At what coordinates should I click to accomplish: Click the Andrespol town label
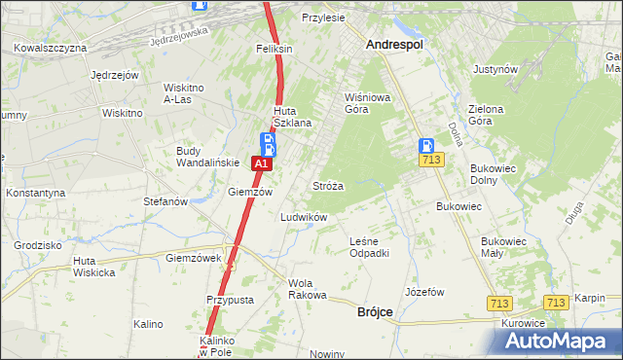pyautogui.click(x=399, y=44)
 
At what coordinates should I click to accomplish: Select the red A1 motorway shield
pyautogui.click(x=261, y=165)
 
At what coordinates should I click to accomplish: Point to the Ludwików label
pyautogui.click(x=304, y=217)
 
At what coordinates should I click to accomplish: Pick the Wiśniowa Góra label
pyautogui.click(x=369, y=103)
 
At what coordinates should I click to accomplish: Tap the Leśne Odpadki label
pyautogui.click(x=369, y=247)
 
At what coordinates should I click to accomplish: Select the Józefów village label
pyautogui.click(x=424, y=292)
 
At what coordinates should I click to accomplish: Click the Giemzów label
pyautogui.click(x=247, y=192)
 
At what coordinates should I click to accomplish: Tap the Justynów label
pyautogui.click(x=495, y=70)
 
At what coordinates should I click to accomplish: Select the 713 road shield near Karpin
pyautogui.click(x=555, y=303)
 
